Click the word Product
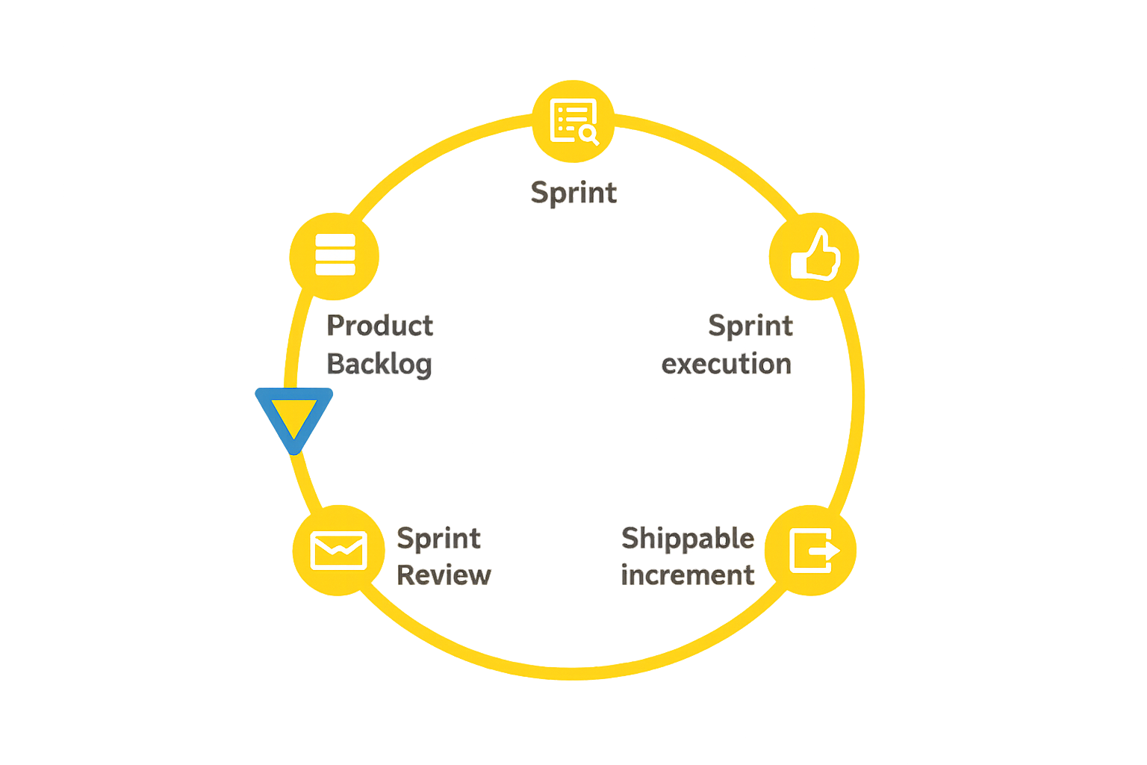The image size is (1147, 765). click(x=380, y=326)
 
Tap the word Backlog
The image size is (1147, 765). click(x=379, y=364)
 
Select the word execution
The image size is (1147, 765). click(x=727, y=364)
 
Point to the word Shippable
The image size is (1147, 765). click(x=688, y=538)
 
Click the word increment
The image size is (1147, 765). click(x=688, y=574)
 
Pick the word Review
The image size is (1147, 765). click(x=444, y=574)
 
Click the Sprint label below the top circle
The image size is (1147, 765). click(x=573, y=193)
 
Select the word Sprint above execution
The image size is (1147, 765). click(x=750, y=326)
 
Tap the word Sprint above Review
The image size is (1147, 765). click(x=439, y=538)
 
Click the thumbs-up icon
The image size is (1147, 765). click(x=815, y=255)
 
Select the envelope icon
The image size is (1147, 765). click(x=338, y=551)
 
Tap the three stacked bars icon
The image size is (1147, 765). click(x=335, y=255)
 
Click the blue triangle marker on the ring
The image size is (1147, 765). click(x=293, y=415)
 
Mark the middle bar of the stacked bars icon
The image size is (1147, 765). click(x=335, y=255)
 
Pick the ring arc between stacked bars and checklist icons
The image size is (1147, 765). click(x=433, y=155)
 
